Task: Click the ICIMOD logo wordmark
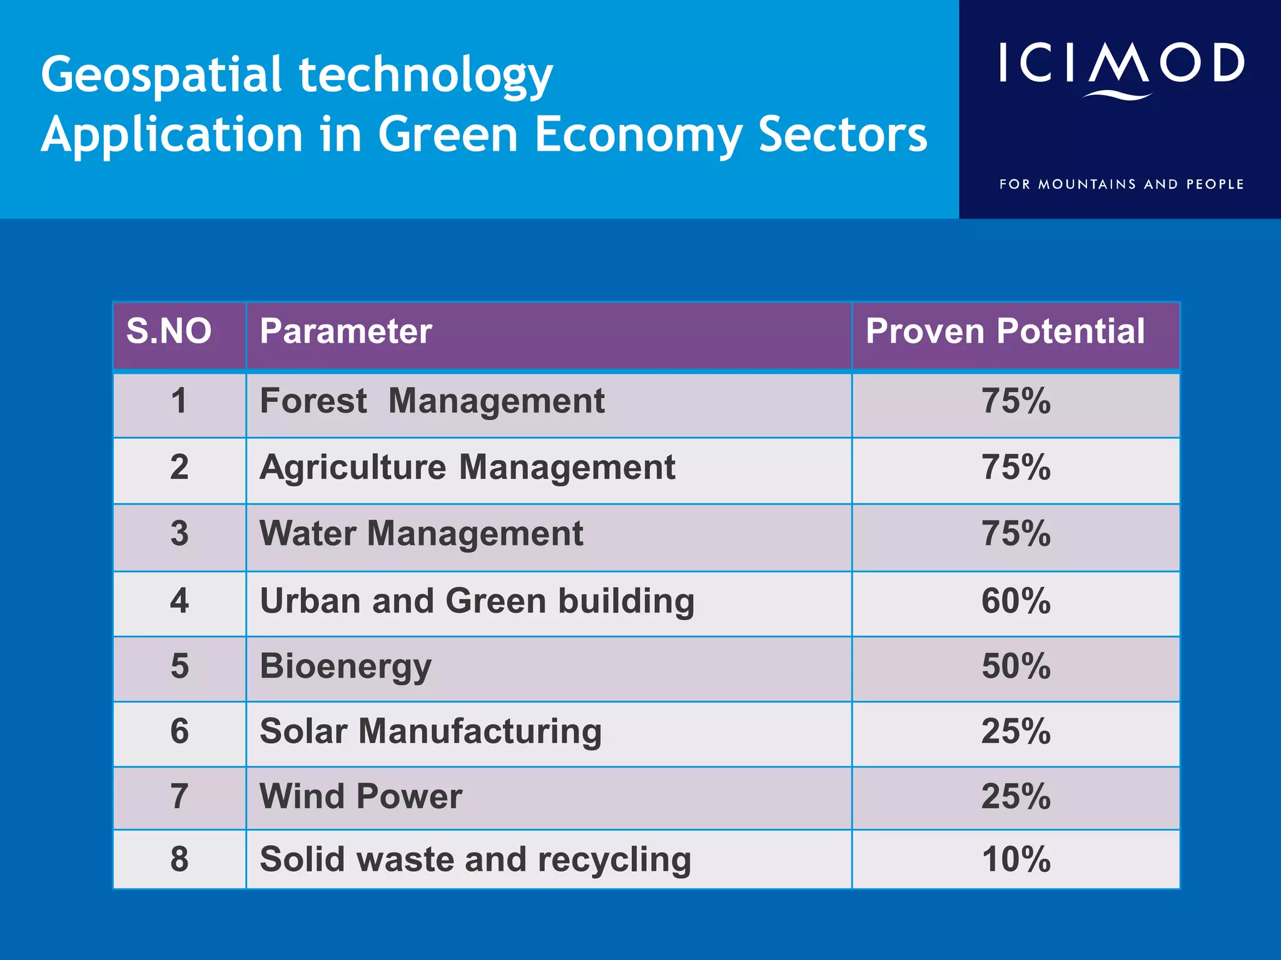click(x=1121, y=65)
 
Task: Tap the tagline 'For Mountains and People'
click(x=1121, y=184)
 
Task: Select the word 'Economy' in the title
click(x=638, y=135)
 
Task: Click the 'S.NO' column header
click(x=169, y=331)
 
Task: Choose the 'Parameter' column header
click(x=346, y=331)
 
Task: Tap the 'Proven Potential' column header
click(x=1005, y=331)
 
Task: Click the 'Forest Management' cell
click(x=432, y=401)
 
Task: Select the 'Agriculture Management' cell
click(x=467, y=467)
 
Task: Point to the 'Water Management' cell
click(x=421, y=534)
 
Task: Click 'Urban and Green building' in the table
click(x=477, y=601)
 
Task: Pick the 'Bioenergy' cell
click(x=345, y=666)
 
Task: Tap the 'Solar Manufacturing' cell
click(x=430, y=731)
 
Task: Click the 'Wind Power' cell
click(x=361, y=797)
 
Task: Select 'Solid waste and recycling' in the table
click(x=475, y=859)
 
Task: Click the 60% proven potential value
click(x=1016, y=601)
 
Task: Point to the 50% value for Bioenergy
click(x=1016, y=666)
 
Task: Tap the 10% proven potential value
click(x=1016, y=859)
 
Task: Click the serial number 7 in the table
click(x=180, y=797)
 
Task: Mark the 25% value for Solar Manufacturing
click(x=1016, y=731)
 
